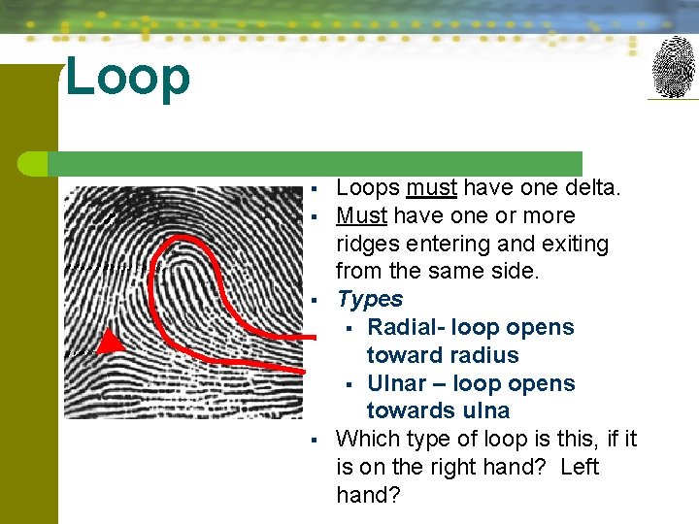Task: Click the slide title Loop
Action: coord(127,78)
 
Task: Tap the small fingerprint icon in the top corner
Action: coord(673,67)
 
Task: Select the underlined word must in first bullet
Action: coord(431,187)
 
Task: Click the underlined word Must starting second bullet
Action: coord(361,215)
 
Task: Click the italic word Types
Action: coord(369,299)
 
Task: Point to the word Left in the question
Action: coord(579,467)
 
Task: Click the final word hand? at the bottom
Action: coord(370,495)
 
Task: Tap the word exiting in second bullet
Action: coord(573,244)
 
